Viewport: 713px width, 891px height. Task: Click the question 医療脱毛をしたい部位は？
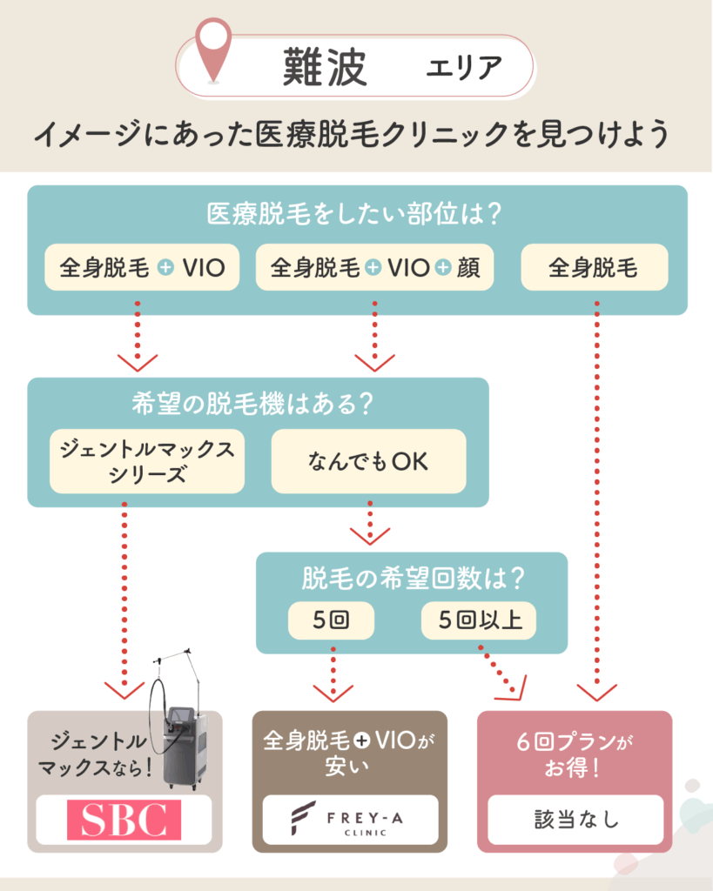(357, 213)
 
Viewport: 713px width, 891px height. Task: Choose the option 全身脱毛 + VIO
(142, 267)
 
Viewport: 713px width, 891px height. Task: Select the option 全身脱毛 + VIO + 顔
(374, 267)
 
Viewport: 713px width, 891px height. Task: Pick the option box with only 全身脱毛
(594, 267)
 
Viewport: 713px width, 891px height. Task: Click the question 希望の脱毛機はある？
(258, 405)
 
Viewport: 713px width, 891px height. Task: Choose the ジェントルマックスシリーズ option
(147, 461)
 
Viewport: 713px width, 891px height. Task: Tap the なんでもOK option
(368, 461)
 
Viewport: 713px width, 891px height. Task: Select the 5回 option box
(331, 621)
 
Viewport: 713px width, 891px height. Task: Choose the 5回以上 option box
(479, 621)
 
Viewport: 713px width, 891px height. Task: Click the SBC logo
(124, 820)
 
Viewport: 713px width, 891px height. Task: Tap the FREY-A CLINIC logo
(351, 820)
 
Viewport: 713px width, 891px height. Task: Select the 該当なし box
(575, 820)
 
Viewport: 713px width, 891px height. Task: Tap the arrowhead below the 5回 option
(332, 693)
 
